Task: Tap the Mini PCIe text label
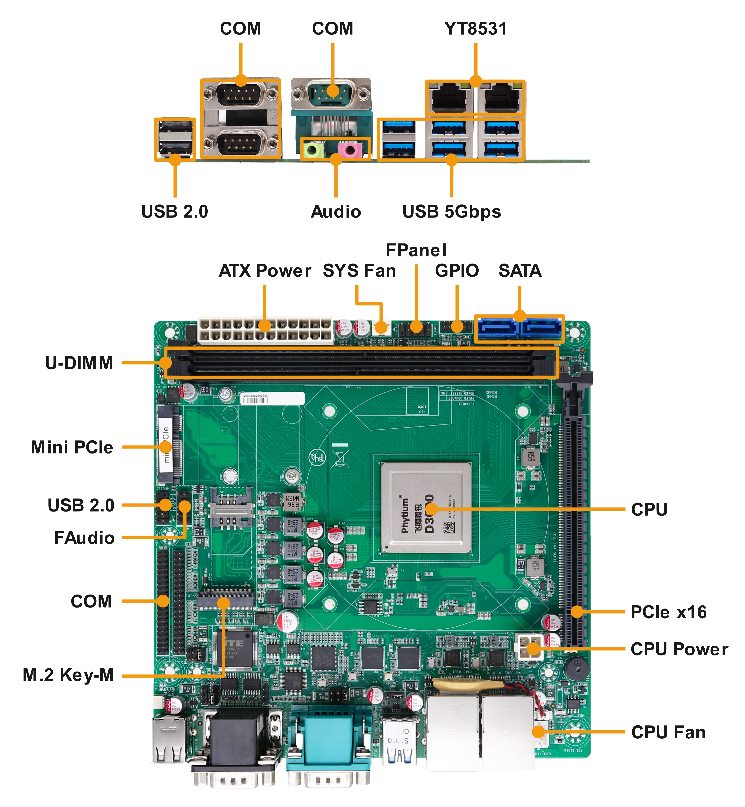click(72, 447)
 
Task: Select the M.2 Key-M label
click(68, 675)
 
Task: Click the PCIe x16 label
click(668, 612)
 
